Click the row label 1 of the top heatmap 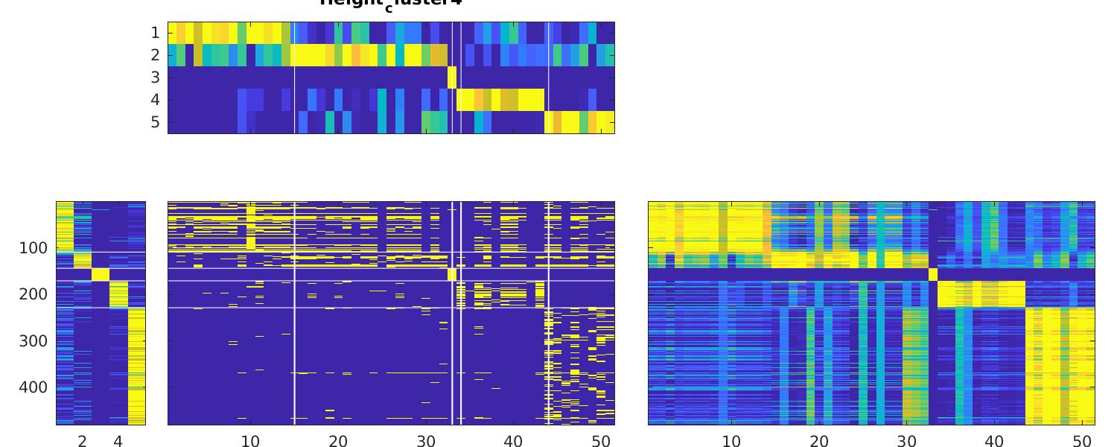pos(155,33)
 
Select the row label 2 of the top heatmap pos(155,55)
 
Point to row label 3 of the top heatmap pos(155,77)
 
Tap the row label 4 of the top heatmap pos(155,100)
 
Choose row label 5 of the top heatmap pos(155,122)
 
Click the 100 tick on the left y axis pos(34,248)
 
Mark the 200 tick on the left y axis pos(34,294)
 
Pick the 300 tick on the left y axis pos(34,341)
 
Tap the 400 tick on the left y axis pos(34,387)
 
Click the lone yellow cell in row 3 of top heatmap pos(452,77)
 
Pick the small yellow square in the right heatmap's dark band pos(932,274)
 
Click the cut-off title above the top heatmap pos(391,3)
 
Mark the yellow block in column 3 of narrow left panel pos(101,274)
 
